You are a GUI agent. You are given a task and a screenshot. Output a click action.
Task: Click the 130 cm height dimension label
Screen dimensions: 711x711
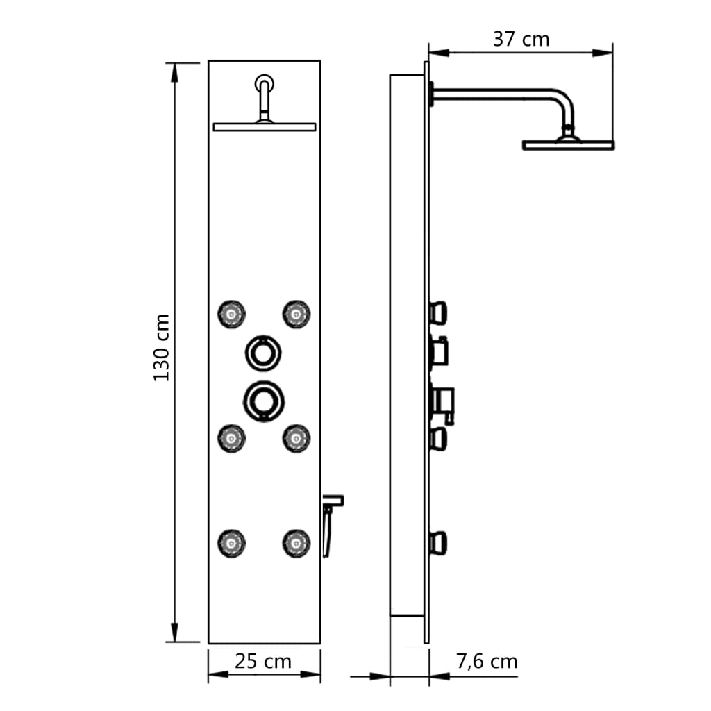(161, 347)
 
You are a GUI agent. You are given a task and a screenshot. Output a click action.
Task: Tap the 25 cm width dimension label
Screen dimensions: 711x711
(263, 661)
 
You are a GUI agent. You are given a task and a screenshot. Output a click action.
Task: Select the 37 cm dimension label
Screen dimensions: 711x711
(521, 40)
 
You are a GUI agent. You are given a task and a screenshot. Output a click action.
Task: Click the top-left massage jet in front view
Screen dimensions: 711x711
(231, 315)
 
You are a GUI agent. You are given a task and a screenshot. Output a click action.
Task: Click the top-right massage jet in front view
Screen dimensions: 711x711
(296, 315)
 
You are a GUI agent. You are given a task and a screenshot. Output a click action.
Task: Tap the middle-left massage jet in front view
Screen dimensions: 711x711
(231, 437)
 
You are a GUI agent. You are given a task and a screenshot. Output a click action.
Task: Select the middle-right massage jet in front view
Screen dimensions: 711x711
(296, 437)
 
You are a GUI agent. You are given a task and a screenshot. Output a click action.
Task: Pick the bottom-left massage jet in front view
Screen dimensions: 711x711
(231, 541)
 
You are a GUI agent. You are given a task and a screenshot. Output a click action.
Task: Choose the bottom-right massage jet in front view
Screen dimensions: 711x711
(296, 541)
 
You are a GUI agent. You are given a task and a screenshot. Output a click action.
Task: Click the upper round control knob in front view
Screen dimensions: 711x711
(263, 352)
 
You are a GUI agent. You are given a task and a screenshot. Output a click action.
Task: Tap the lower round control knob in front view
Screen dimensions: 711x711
(263, 399)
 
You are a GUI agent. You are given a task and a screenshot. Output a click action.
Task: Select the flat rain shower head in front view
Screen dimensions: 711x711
(265, 127)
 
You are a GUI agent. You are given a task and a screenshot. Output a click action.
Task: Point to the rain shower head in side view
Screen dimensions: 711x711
(568, 144)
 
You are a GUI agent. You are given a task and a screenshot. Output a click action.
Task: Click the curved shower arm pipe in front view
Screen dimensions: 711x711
(264, 94)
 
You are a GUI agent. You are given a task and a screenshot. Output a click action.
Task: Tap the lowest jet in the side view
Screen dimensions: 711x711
(438, 542)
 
